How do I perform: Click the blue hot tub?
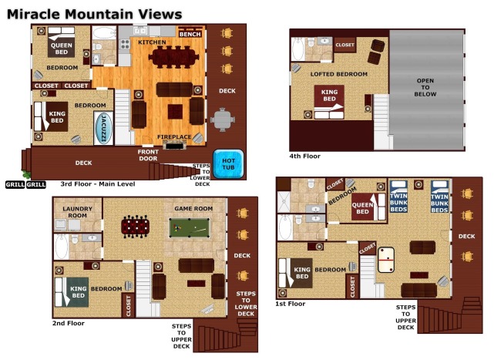tap(228, 164)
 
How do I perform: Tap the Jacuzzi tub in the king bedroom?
tap(103, 128)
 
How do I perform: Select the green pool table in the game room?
tap(190, 227)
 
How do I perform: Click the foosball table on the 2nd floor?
tap(135, 227)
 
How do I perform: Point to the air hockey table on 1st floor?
tap(386, 260)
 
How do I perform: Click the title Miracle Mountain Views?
tap(94, 15)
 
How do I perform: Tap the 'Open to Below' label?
tap(425, 87)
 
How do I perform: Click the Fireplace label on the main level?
tap(174, 136)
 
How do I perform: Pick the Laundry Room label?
tap(77, 212)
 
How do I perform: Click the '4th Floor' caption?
tap(304, 156)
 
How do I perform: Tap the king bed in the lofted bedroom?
tap(329, 102)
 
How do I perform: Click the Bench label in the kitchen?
tap(190, 34)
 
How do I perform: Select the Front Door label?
tap(148, 155)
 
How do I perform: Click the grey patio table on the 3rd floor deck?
tap(223, 119)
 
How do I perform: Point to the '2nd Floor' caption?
tap(69, 323)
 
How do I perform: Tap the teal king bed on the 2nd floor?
tap(72, 291)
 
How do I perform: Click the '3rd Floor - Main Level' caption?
tap(98, 184)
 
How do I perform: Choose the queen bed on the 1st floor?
tap(368, 207)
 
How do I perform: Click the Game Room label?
tap(193, 209)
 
